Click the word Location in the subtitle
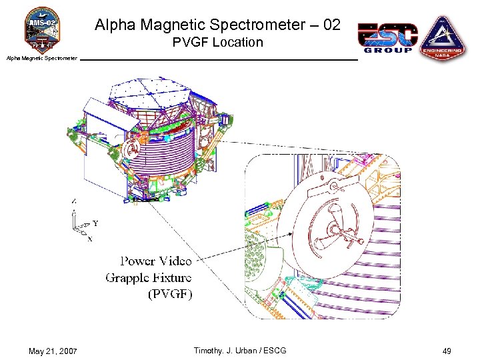point(237,43)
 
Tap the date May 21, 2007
point(53,351)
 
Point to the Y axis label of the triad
point(95,223)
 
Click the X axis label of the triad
point(90,239)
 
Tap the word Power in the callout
point(137,261)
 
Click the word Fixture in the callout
point(173,277)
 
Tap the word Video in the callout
point(175,261)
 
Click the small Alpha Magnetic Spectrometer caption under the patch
point(41,59)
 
